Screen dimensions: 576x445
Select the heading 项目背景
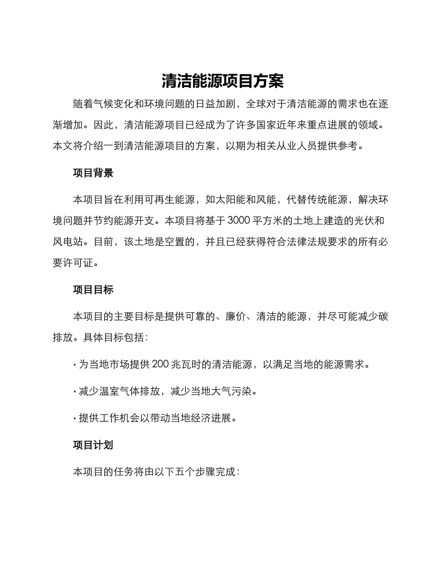(x=93, y=173)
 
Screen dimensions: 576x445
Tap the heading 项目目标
(x=93, y=290)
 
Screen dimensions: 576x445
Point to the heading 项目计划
(x=93, y=445)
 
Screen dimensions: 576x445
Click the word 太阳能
(x=230, y=200)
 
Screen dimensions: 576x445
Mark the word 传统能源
(x=327, y=200)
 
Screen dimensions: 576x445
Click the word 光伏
(x=360, y=221)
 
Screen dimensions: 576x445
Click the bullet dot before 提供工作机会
(x=75, y=418)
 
